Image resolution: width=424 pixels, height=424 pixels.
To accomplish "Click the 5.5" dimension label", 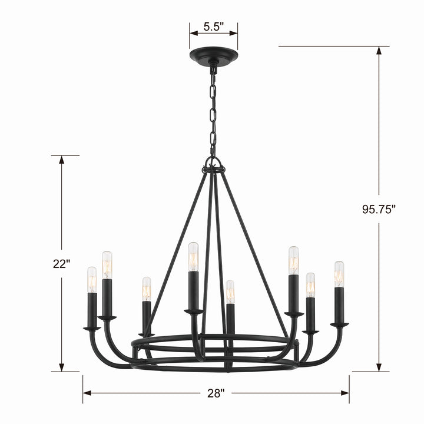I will click(213, 26).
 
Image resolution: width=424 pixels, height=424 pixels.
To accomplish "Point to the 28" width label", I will click(216, 393).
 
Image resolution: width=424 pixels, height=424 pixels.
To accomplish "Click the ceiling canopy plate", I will click(213, 58).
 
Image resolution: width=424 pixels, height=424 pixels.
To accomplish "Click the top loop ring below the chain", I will click(213, 164).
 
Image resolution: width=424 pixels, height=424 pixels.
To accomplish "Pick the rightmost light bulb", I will click(339, 274).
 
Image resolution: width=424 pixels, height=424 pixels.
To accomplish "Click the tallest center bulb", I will click(193, 256).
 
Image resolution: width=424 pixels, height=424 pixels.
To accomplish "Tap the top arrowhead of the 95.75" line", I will click(379, 51).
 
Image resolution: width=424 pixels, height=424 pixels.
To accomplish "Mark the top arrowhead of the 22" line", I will click(61, 160).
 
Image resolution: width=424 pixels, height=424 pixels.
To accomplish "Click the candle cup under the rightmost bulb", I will click(339, 324).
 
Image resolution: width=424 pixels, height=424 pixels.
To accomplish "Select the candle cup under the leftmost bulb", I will click(92, 328).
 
